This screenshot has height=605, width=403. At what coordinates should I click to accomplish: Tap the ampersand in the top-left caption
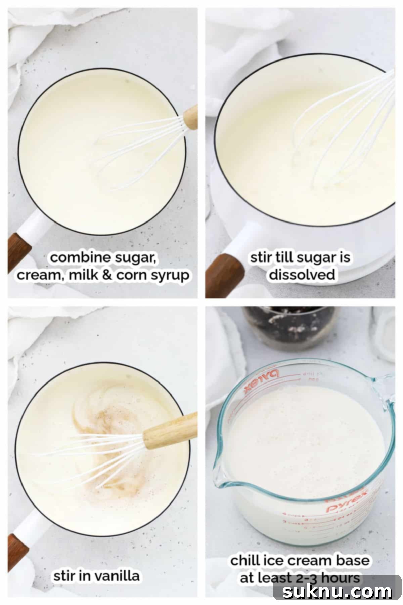tap(107, 275)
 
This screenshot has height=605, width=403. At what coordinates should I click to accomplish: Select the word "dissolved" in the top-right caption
tap(302, 275)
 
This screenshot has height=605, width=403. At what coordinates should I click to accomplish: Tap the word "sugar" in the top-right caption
tap(313, 258)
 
